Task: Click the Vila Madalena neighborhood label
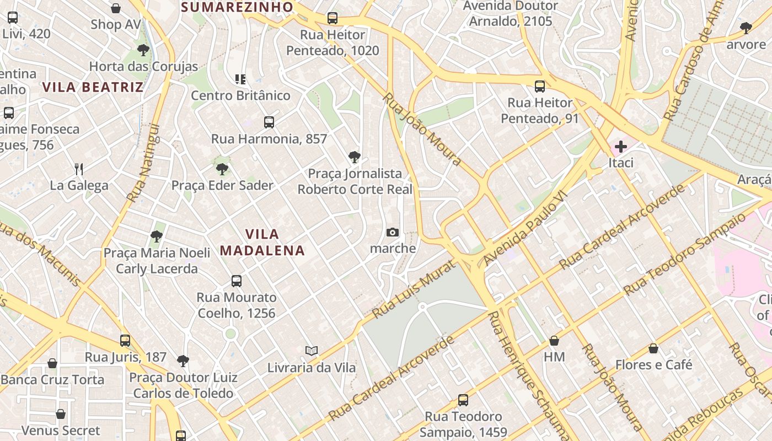click(262, 242)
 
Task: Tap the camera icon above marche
click(393, 232)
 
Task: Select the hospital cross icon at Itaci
click(621, 147)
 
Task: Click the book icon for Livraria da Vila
click(312, 351)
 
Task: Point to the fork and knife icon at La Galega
click(79, 169)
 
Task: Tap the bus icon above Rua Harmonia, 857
click(269, 122)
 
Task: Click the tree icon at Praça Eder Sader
click(222, 169)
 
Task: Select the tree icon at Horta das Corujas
click(143, 51)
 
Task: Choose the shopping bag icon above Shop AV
click(116, 8)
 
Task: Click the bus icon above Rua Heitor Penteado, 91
click(540, 87)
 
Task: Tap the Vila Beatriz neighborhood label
click(93, 87)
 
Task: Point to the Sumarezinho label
click(237, 7)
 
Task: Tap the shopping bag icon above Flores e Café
click(653, 348)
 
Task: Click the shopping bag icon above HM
click(554, 341)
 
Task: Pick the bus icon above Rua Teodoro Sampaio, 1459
click(463, 400)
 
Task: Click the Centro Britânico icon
click(240, 79)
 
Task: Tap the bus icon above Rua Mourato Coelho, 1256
click(237, 281)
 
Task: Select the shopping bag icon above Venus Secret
click(61, 414)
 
